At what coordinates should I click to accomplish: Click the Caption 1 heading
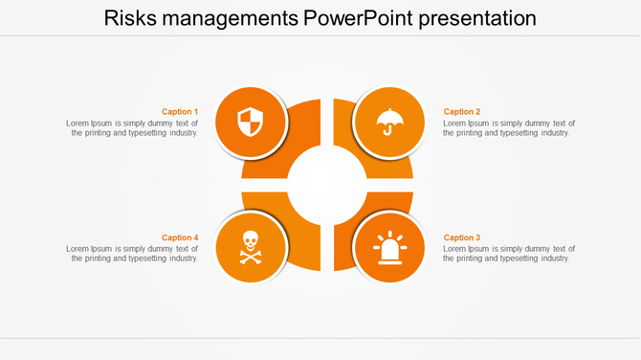180,112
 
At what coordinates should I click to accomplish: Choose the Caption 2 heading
462,112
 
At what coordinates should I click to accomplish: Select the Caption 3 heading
462,237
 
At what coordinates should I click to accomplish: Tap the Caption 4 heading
180,237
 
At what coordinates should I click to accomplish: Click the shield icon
250,123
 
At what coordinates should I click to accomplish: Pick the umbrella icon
388,123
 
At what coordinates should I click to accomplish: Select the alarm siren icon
388,247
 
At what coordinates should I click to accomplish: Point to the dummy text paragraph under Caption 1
133,128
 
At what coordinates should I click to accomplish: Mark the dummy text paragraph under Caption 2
509,128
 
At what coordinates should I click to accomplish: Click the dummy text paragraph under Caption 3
509,254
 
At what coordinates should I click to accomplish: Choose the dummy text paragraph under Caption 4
133,254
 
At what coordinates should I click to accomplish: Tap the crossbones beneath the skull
250,257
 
